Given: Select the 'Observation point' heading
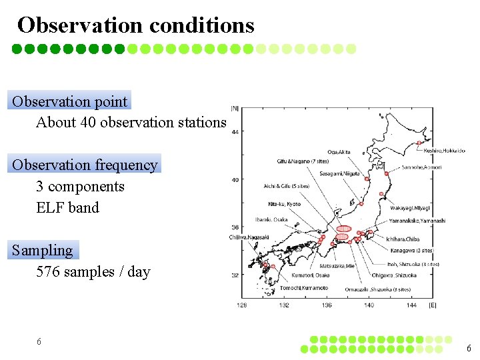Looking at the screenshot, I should click(70, 102).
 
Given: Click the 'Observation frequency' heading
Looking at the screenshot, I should click(85, 165).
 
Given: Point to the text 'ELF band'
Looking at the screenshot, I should click(67, 208).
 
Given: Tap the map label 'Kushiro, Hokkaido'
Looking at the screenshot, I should click(445, 151).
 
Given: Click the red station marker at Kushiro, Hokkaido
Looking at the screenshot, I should click(419, 143).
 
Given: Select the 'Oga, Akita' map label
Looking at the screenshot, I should click(339, 152).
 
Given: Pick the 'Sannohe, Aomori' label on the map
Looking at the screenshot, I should click(421, 167).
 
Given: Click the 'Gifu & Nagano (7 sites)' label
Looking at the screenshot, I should click(303, 161).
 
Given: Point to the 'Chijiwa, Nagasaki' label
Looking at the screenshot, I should click(249, 237).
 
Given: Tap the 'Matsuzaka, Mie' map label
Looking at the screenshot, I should click(337, 265).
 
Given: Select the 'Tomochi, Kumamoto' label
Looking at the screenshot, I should click(304, 288).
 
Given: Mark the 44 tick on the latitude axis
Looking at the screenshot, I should click(235, 132).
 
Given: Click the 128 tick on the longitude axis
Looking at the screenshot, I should click(242, 305).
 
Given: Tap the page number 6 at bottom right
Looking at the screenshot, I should click(469, 348).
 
